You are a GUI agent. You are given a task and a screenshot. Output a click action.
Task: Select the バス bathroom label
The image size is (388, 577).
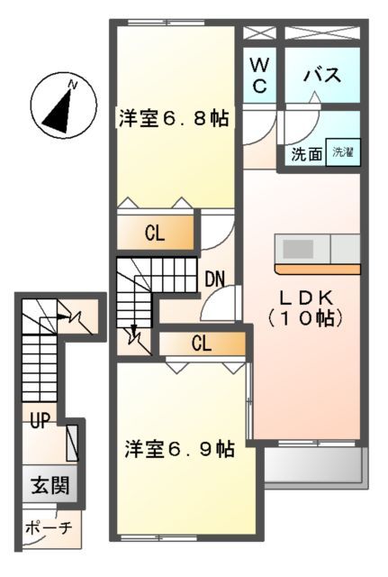pos(321,76)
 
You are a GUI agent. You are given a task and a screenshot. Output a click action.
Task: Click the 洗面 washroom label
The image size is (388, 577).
pos(306,154)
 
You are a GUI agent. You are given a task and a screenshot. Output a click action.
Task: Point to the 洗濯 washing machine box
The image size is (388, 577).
pos(343,152)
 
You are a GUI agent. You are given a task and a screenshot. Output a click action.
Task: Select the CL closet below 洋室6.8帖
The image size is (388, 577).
pos(155,233)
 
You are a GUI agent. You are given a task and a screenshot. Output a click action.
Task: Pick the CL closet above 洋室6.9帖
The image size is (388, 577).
pos(201,343)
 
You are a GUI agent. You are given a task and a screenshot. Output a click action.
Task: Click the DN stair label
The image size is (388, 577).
pos(214,279)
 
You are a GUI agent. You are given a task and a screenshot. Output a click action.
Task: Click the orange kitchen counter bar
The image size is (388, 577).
pos(317,269)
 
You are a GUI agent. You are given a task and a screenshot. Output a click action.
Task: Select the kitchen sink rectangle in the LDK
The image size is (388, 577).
pos(298,247)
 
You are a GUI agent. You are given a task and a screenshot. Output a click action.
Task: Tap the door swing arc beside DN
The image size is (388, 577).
pos(219,305)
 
